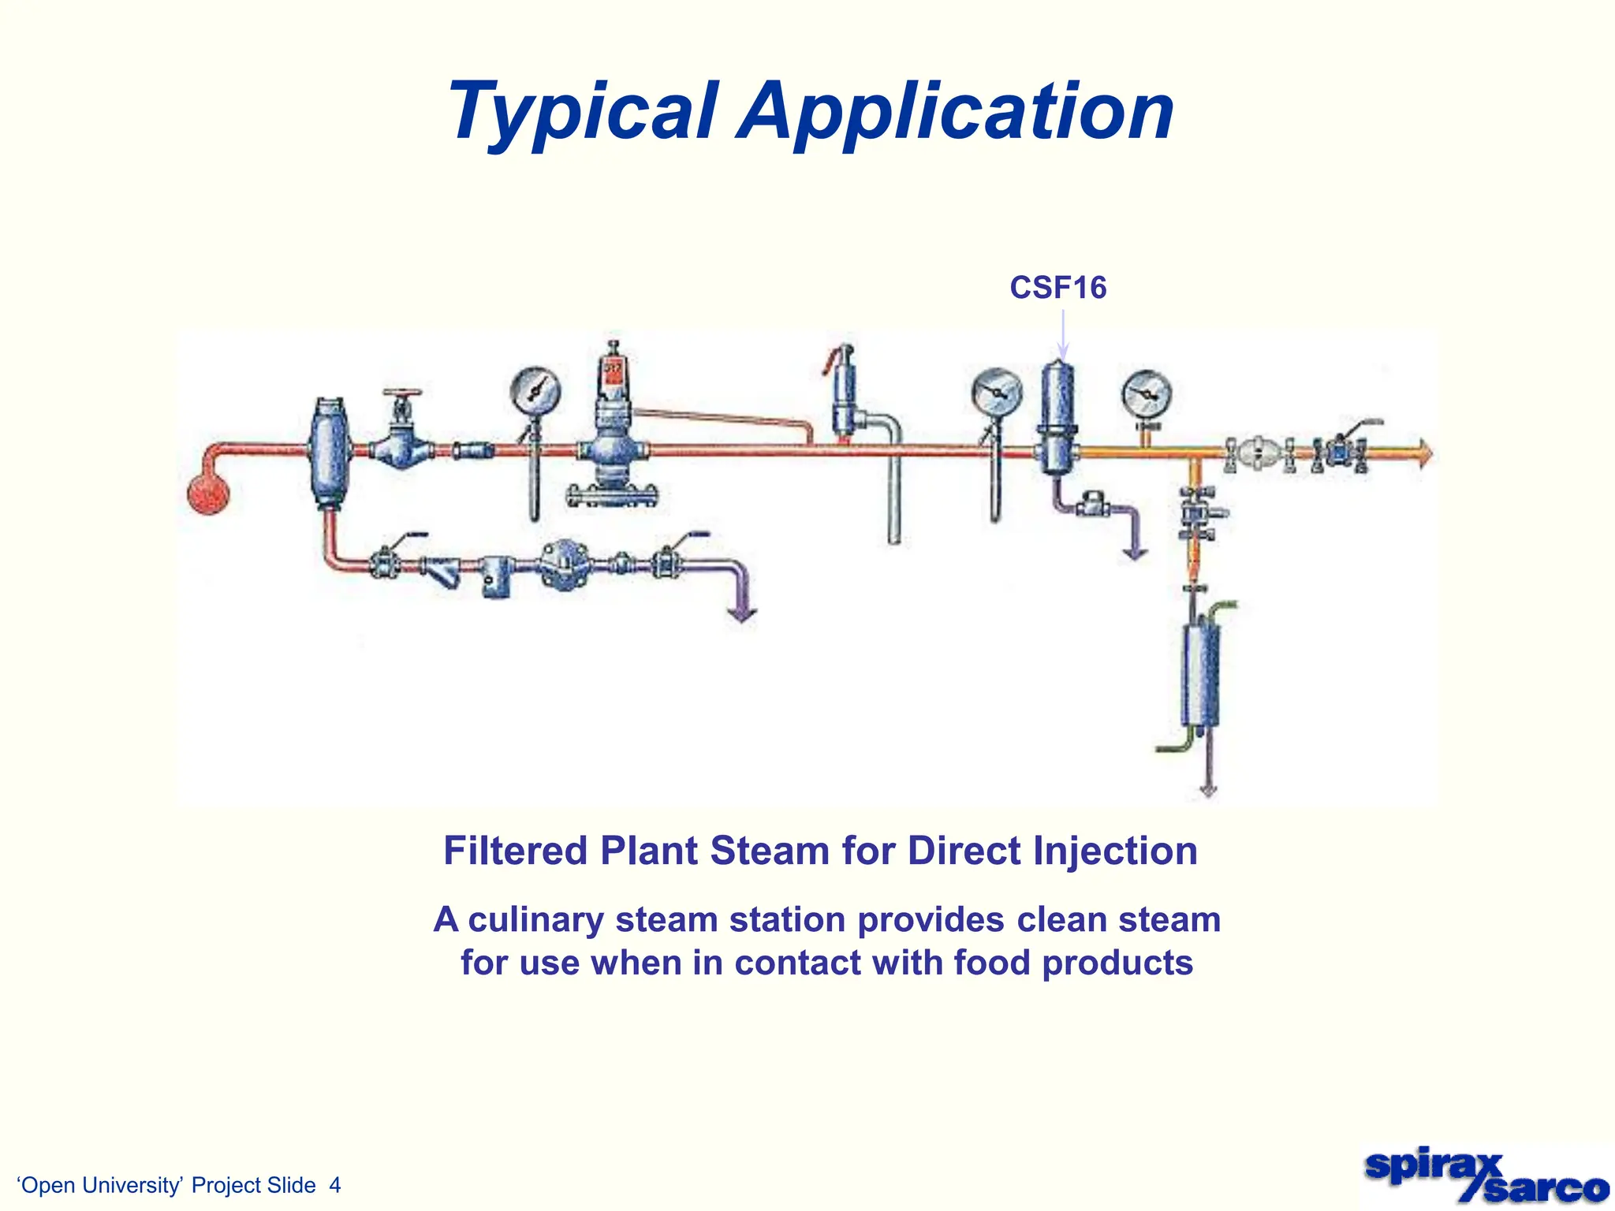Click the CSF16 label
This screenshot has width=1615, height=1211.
tap(1057, 288)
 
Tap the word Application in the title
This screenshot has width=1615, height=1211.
tap(956, 112)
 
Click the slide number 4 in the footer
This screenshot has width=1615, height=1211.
tap(335, 1185)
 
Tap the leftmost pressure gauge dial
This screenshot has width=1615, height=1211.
tap(535, 391)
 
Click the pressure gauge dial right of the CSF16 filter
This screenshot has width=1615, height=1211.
tap(1147, 394)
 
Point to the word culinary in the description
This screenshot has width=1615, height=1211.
tap(535, 920)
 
